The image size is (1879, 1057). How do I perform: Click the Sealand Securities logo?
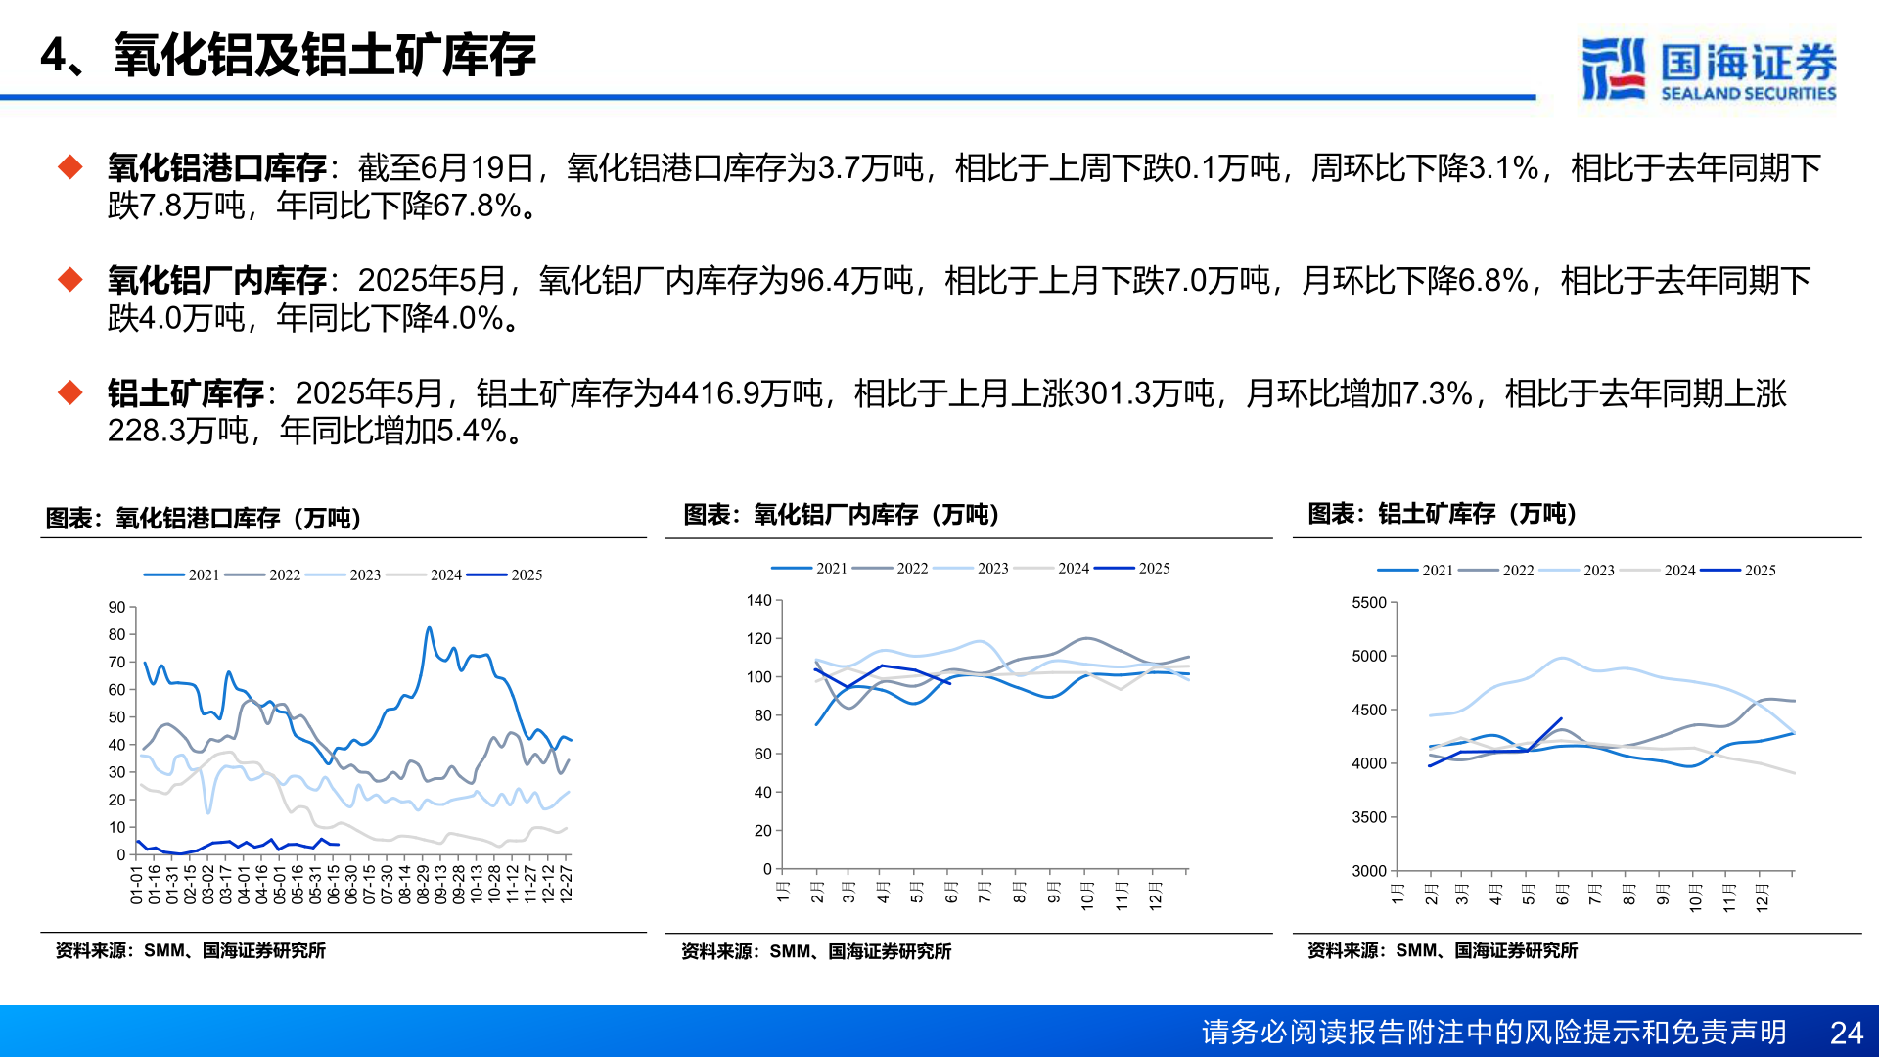1709,69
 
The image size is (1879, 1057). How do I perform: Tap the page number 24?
1846,1033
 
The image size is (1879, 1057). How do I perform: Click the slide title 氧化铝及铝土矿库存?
324,55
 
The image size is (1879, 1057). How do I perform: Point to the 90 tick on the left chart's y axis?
117,608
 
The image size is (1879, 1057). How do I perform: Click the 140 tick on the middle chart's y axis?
758,601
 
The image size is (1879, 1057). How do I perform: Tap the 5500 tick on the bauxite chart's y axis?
1369,603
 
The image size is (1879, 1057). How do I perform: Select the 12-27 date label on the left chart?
566,884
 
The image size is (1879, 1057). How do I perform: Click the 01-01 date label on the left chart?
137,884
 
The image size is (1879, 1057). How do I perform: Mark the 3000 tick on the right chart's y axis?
1369,871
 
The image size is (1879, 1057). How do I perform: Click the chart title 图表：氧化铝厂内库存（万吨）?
841,515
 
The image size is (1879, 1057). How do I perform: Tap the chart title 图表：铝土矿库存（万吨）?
1443,514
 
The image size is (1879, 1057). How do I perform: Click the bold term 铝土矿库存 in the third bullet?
186,393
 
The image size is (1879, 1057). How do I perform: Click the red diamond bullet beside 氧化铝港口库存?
70,167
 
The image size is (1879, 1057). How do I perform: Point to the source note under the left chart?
191,950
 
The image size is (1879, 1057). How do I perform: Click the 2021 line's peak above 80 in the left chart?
429,628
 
